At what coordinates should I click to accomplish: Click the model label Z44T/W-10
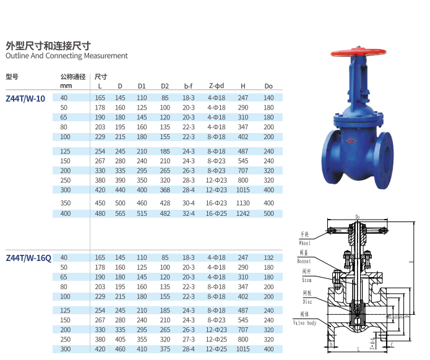[x=25, y=98]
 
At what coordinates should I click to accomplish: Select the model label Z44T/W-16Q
[x=28, y=258]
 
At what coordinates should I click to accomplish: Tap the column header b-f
[x=188, y=86]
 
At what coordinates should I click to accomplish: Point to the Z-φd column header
[x=217, y=86]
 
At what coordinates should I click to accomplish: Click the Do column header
[x=269, y=86]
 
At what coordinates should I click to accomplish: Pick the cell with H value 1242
[x=243, y=213]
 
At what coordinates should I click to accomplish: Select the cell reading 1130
[x=243, y=203]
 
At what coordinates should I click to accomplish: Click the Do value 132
[x=269, y=258]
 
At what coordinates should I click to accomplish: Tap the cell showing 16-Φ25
[x=217, y=213]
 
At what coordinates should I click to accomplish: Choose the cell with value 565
[x=120, y=213]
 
